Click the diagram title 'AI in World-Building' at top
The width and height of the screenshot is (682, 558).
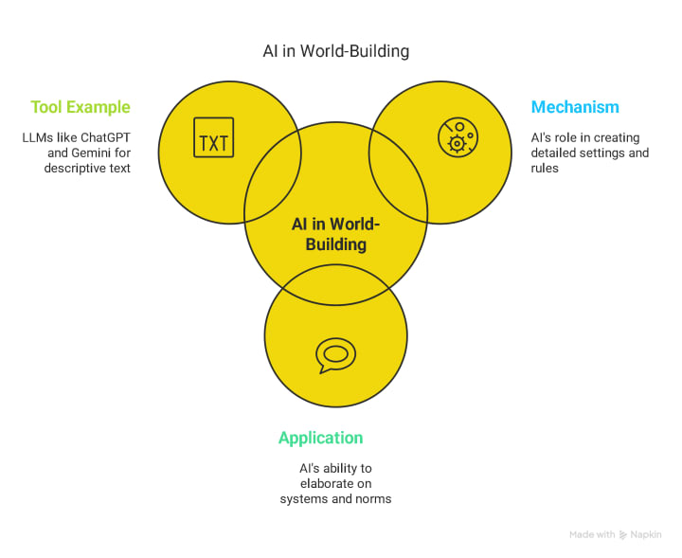click(x=335, y=51)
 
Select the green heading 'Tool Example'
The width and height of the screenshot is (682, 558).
click(x=81, y=107)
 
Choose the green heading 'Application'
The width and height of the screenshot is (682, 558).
click(x=320, y=438)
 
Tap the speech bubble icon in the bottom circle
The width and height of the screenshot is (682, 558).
click(x=334, y=354)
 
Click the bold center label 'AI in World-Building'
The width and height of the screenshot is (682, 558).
click(x=335, y=234)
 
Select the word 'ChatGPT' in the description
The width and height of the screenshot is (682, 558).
click(x=104, y=137)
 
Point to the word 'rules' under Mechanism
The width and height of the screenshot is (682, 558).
click(x=546, y=168)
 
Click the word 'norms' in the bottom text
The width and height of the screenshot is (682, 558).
click(x=372, y=498)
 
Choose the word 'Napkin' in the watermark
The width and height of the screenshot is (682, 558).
click(x=646, y=534)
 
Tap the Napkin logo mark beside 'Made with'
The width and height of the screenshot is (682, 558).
click(x=622, y=534)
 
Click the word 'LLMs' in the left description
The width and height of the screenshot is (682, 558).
click(x=40, y=137)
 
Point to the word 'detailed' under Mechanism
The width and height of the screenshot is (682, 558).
click(x=556, y=153)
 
